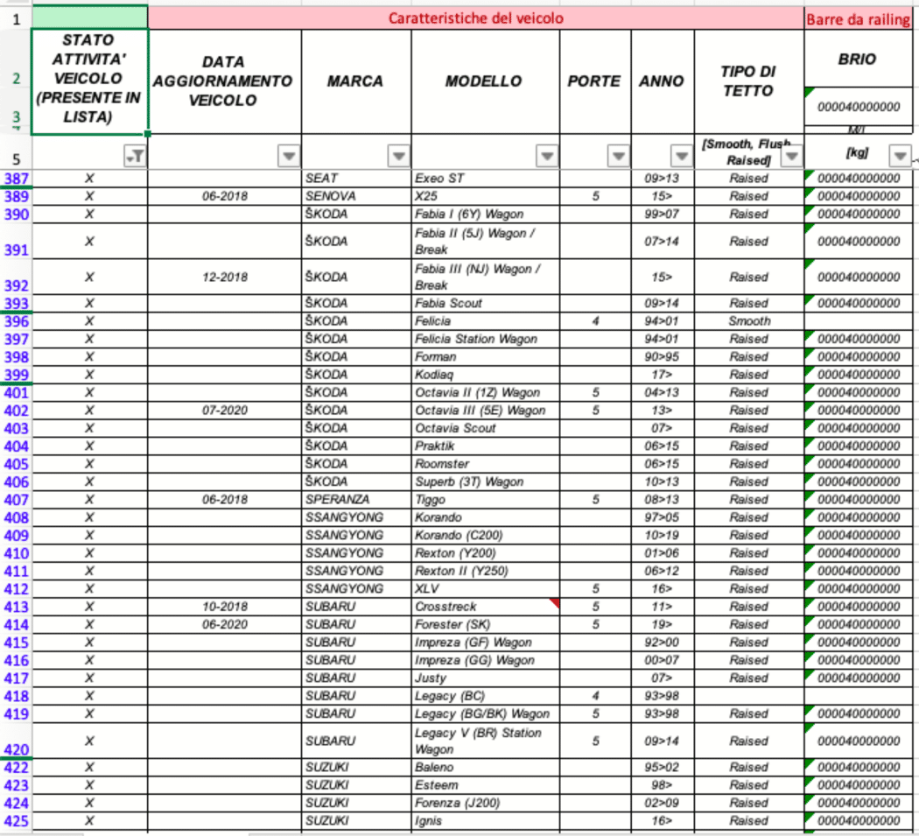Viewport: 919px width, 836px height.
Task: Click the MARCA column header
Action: click(354, 81)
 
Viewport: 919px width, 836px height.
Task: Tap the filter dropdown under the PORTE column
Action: click(619, 156)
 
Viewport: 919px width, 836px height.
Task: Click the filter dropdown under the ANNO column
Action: click(681, 156)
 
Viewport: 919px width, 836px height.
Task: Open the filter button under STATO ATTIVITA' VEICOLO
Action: click(135, 156)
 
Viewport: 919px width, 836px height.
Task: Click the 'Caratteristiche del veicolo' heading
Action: click(475, 18)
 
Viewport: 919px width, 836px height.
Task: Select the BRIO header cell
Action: click(857, 60)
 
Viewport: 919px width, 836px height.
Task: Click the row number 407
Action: click(17, 500)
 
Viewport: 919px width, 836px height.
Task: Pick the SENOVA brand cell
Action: click(329, 196)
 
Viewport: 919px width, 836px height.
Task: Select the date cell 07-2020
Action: click(224, 411)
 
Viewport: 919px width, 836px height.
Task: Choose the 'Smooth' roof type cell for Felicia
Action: click(748, 321)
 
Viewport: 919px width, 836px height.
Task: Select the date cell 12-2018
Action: click(224, 277)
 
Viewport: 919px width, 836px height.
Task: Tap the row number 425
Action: click(17, 821)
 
